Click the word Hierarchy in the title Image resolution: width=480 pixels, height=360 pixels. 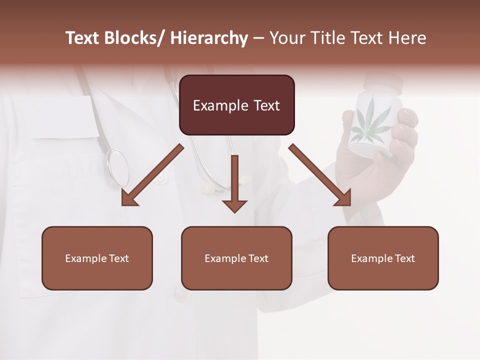209,38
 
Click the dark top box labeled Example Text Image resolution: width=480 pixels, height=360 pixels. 236,105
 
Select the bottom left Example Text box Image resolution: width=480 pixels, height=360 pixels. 97,258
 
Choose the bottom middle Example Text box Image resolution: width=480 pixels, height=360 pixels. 236,258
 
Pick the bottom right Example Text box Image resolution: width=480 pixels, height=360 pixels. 383,258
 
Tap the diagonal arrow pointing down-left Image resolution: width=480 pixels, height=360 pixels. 151,176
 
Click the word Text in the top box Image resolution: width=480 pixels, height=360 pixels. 265,105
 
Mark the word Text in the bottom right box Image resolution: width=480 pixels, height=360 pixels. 404,258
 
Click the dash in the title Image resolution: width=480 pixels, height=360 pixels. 258,38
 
